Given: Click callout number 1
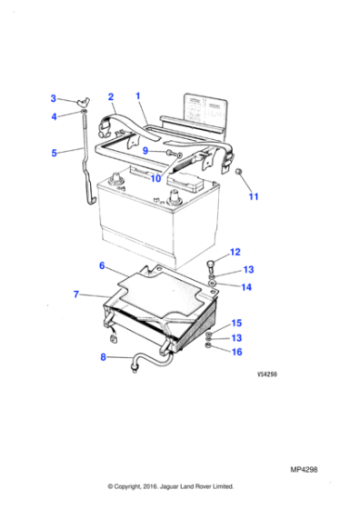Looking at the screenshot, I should [137, 95].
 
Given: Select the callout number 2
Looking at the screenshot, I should [111, 96].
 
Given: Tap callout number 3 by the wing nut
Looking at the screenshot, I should [53, 98].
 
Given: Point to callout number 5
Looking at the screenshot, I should [53, 153].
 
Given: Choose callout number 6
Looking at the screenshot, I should [102, 266].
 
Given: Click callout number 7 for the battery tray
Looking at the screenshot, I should [76, 294].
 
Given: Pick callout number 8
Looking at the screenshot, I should [104, 357].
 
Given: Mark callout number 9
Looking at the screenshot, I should [145, 151].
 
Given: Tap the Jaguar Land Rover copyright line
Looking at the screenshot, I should [171, 486].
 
